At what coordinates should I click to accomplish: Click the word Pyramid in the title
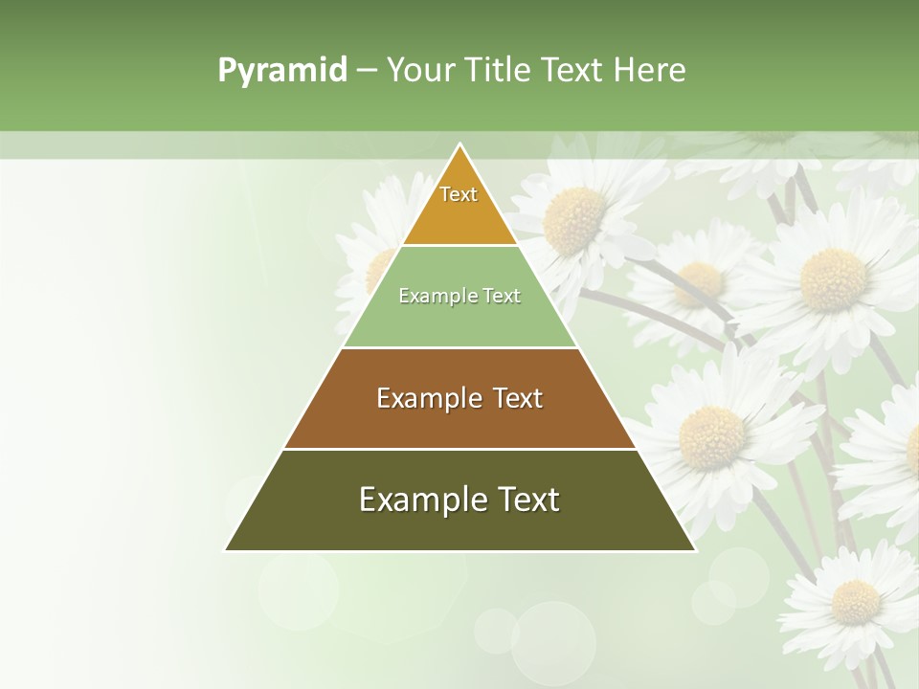(282, 71)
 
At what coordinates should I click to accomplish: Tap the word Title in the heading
(501, 70)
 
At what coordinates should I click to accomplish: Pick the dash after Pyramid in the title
(367, 71)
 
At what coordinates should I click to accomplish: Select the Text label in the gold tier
(459, 194)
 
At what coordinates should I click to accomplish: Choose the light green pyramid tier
(459, 321)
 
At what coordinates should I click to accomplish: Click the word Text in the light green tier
(503, 296)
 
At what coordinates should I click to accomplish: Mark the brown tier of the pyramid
(459, 421)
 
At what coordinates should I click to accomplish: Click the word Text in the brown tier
(518, 398)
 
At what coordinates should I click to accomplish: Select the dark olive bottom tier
(459, 526)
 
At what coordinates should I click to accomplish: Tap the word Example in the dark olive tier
(422, 500)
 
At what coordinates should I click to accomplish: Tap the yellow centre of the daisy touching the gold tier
(574, 218)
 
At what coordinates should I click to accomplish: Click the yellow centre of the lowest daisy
(855, 602)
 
